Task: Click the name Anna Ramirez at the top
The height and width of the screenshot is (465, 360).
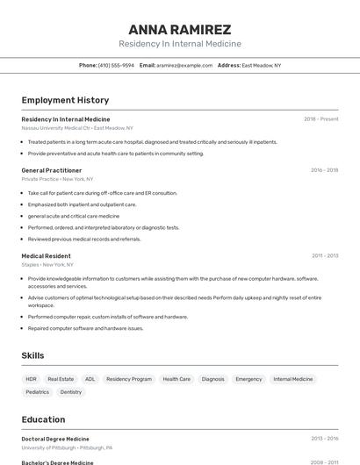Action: [x=180, y=29]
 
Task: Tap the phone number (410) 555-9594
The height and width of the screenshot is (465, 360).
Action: [x=116, y=65]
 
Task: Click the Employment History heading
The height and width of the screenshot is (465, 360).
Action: [x=65, y=100]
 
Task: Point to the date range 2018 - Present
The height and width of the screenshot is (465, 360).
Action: [x=320, y=118]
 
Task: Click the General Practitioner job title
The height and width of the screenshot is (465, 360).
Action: [x=52, y=170]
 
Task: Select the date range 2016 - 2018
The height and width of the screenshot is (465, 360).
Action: [x=324, y=170]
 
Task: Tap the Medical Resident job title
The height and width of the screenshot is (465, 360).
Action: [x=46, y=255]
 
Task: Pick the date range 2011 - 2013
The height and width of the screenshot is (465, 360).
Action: [x=324, y=255]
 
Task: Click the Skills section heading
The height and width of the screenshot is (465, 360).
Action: [x=32, y=355]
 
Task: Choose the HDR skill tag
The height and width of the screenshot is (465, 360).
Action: [x=32, y=379]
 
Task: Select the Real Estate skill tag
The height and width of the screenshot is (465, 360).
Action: [x=61, y=379]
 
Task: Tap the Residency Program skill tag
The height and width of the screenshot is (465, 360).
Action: [x=129, y=379]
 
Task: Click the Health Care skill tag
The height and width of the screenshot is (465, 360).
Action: [x=176, y=379]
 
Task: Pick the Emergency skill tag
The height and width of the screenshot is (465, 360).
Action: [x=248, y=379]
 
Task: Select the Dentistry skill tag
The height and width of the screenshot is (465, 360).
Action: [x=71, y=392]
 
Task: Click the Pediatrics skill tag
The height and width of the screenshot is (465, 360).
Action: [x=38, y=392]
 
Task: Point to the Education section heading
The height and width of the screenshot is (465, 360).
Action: [x=43, y=419]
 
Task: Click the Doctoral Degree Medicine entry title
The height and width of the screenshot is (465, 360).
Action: [x=55, y=439]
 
